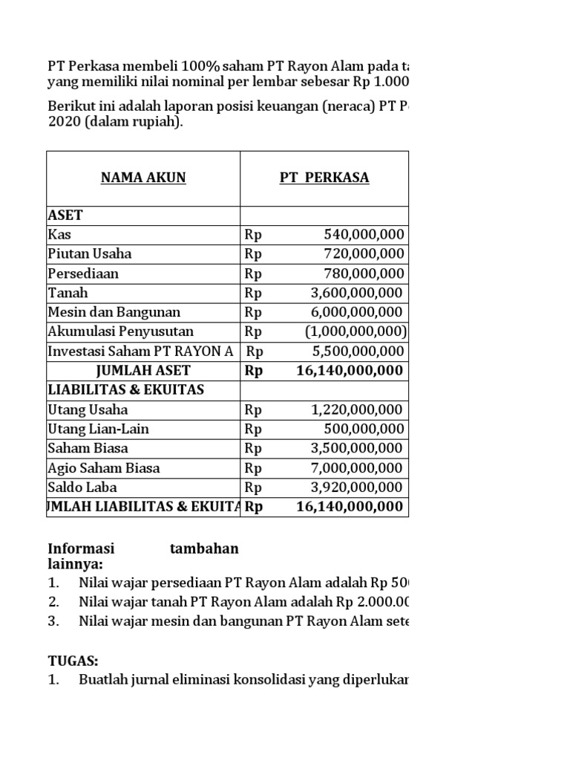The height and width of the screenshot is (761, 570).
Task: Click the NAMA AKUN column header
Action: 143,178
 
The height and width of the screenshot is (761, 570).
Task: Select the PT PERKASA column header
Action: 324,178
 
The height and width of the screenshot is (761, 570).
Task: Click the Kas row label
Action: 59,235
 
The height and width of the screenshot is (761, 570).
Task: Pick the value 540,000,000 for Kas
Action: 364,235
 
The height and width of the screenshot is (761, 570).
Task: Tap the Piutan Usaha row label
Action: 90,254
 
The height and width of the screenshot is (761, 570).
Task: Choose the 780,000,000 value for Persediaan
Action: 364,273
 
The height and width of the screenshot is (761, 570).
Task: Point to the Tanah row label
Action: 68,293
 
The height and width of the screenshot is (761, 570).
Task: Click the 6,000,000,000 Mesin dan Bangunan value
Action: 356,312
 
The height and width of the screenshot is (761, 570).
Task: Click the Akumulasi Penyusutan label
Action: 121,331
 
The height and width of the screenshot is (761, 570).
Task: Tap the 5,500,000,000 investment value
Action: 356,351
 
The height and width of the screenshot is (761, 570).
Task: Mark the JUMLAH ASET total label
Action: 142,370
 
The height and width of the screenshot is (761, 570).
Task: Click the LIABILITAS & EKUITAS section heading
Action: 125,389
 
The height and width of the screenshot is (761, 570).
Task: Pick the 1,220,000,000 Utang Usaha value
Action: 356,409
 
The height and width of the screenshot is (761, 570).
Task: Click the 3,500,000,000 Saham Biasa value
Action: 356,448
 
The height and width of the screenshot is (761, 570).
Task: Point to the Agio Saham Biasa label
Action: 104,468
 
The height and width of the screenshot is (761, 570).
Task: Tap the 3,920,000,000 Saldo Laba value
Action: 356,488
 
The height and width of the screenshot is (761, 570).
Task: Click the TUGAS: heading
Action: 73,661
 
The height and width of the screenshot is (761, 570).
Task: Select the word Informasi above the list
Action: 82,548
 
